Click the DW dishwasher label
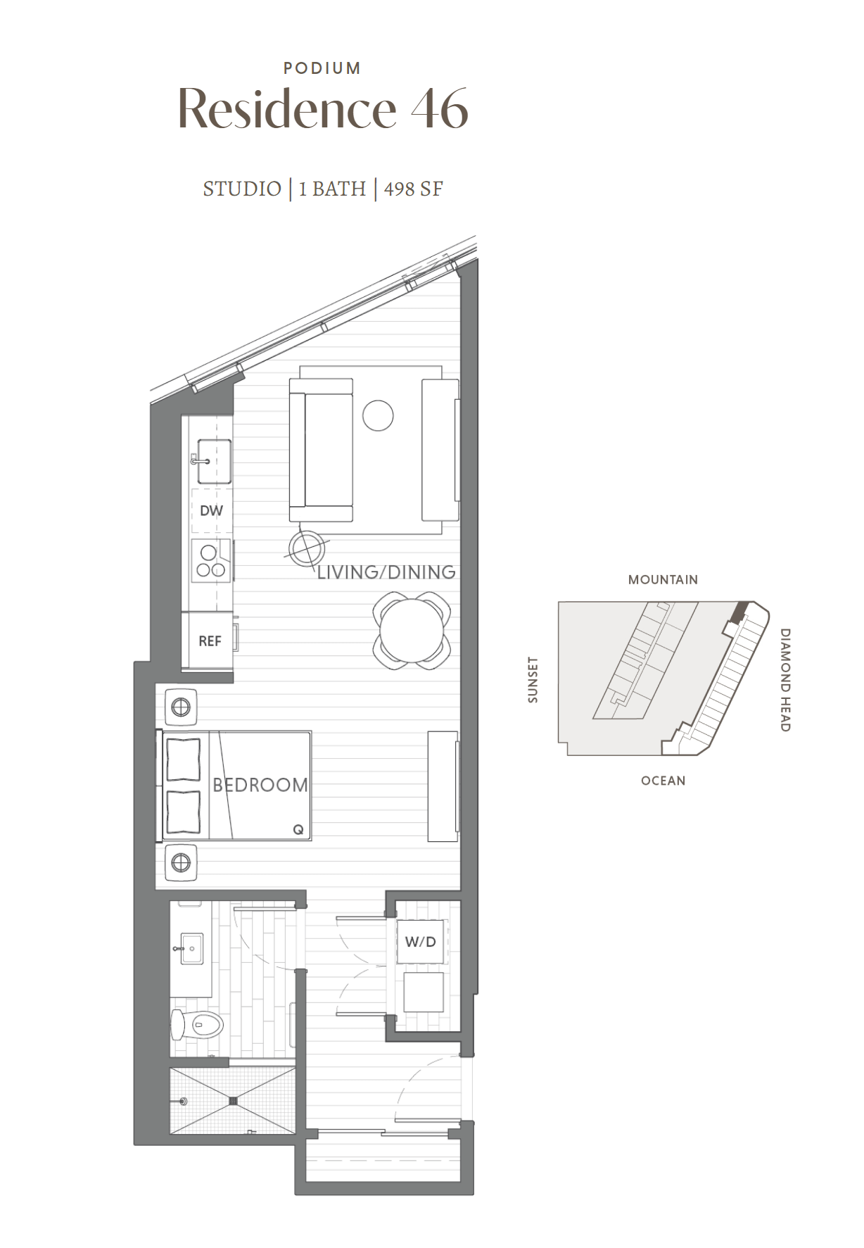pyautogui.click(x=211, y=511)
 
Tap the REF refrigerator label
pyautogui.click(x=210, y=641)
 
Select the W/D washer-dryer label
pyautogui.click(x=421, y=942)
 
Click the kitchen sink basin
pyautogui.click(x=214, y=462)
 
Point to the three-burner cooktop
pyautogui.click(x=211, y=561)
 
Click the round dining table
pyautogui.click(x=412, y=631)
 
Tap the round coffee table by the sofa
pyautogui.click(x=378, y=415)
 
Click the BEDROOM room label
pyautogui.click(x=260, y=785)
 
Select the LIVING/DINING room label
pyautogui.click(x=386, y=572)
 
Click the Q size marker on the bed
pyautogui.click(x=298, y=830)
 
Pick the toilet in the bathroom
pyautogui.click(x=197, y=1026)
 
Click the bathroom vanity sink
pyautogui.click(x=192, y=949)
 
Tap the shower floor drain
pyautogui.click(x=234, y=1101)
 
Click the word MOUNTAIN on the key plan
pyautogui.click(x=663, y=580)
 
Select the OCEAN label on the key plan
pyautogui.click(x=663, y=781)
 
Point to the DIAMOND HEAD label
pyautogui.click(x=785, y=680)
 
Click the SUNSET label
pyautogui.click(x=533, y=680)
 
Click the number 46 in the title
pyautogui.click(x=440, y=108)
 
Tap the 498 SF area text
pyautogui.click(x=413, y=189)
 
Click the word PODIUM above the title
pyautogui.click(x=322, y=68)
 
